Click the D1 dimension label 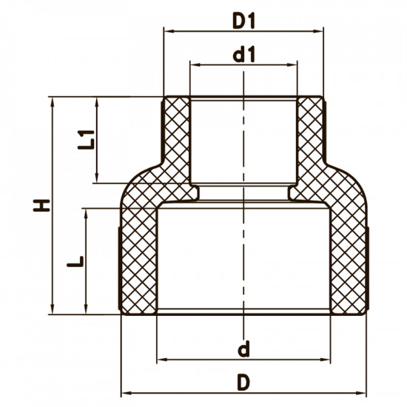click(x=243, y=21)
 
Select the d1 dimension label click(x=243, y=54)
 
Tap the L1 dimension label click(x=87, y=139)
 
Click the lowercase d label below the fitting click(x=243, y=348)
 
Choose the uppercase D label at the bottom click(x=243, y=382)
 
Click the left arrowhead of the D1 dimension click(x=167, y=31)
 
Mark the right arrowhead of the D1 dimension click(x=320, y=31)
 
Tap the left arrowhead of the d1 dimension click(x=195, y=64)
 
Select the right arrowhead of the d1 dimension click(x=294, y=64)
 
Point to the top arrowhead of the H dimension click(x=53, y=100)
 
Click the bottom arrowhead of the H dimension click(x=53, y=311)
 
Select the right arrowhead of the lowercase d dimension click(x=327, y=359)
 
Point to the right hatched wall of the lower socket click(x=348, y=259)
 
